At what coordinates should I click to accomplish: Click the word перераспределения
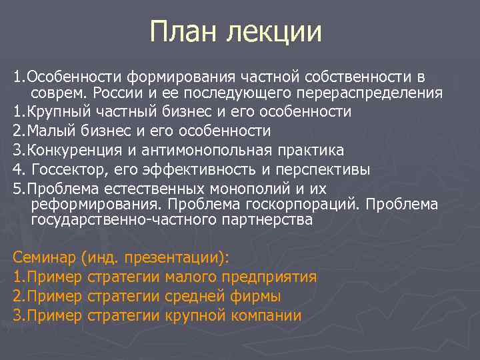pyautogui.click(x=373, y=93)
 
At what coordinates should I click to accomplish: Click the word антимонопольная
pyautogui.click(x=205, y=150)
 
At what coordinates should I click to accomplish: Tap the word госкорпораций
pyautogui.click(x=325, y=204)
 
